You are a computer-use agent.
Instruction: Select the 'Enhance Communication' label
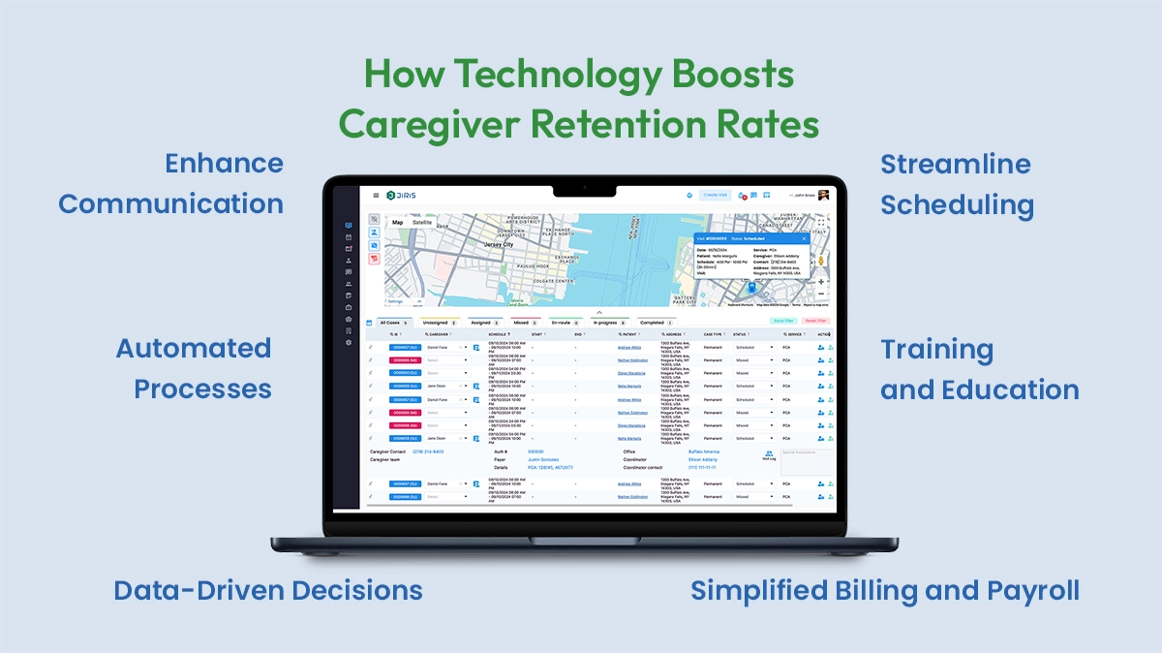(x=171, y=183)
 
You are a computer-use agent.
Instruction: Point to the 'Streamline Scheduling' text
(x=956, y=184)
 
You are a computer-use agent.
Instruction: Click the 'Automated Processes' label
(x=194, y=368)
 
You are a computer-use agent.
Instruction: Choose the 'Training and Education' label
(x=979, y=369)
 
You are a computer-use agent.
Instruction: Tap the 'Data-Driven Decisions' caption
(x=268, y=590)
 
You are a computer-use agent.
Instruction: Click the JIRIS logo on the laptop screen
(x=401, y=195)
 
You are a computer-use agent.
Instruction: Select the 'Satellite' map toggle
(x=422, y=222)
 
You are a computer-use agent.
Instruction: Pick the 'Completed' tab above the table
(x=654, y=322)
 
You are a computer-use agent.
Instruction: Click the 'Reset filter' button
(x=815, y=321)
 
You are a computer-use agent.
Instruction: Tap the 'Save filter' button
(x=783, y=321)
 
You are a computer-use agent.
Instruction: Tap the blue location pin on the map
(x=751, y=288)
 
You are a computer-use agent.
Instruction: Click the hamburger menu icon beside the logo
(x=376, y=195)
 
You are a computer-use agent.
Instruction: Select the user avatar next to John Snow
(x=823, y=195)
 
